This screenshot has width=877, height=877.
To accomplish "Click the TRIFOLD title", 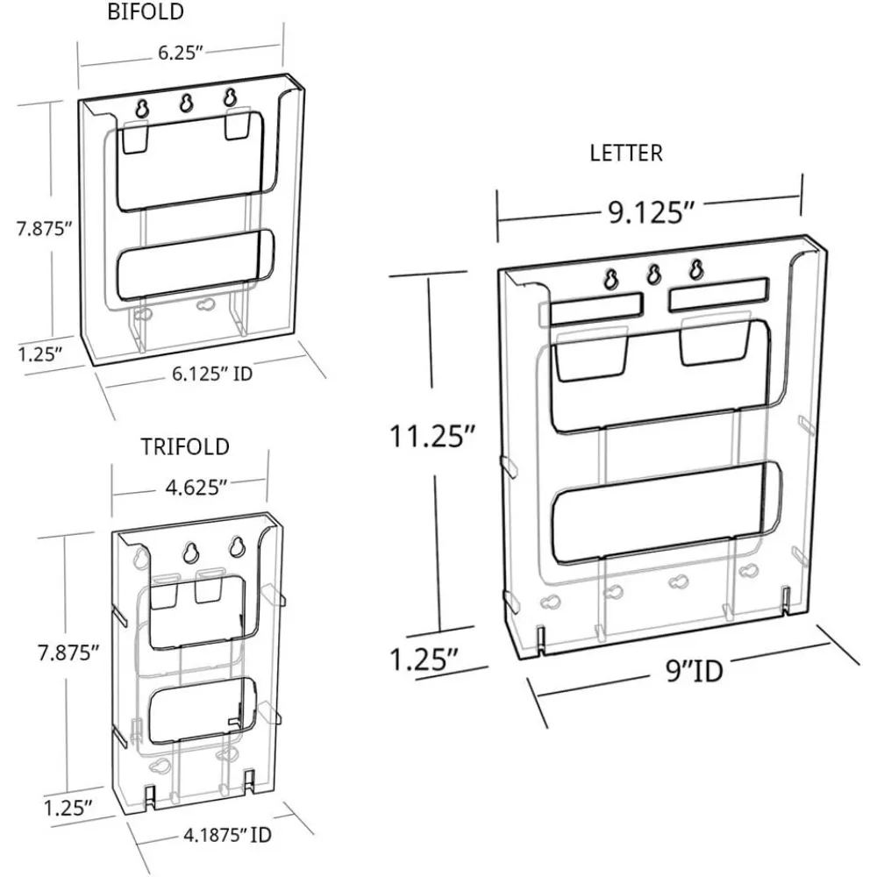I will (185, 446).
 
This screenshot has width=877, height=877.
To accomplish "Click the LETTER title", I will (626, 153).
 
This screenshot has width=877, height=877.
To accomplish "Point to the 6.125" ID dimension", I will (212, 373).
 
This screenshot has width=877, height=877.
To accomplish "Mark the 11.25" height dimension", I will (432, 434).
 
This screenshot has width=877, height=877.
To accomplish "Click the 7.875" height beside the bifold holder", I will (43, 230).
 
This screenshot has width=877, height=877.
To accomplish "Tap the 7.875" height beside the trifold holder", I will (66, 652).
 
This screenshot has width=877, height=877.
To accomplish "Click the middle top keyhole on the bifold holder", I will (185, 103).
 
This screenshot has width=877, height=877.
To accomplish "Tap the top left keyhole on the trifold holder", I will (190, 553).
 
